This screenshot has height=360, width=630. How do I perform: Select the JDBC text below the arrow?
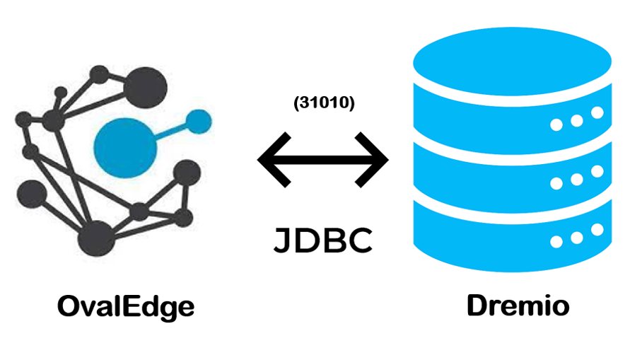(x=323, y=240)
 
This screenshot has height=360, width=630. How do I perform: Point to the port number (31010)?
(x=323, y=103)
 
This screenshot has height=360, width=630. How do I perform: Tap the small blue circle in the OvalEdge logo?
(x=199, y=122)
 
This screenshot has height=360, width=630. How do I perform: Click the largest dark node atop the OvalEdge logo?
(x=146, y=86)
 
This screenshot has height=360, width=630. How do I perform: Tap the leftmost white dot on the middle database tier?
(x=557, y=182)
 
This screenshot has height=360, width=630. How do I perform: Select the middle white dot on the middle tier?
(x=577, y=178)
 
